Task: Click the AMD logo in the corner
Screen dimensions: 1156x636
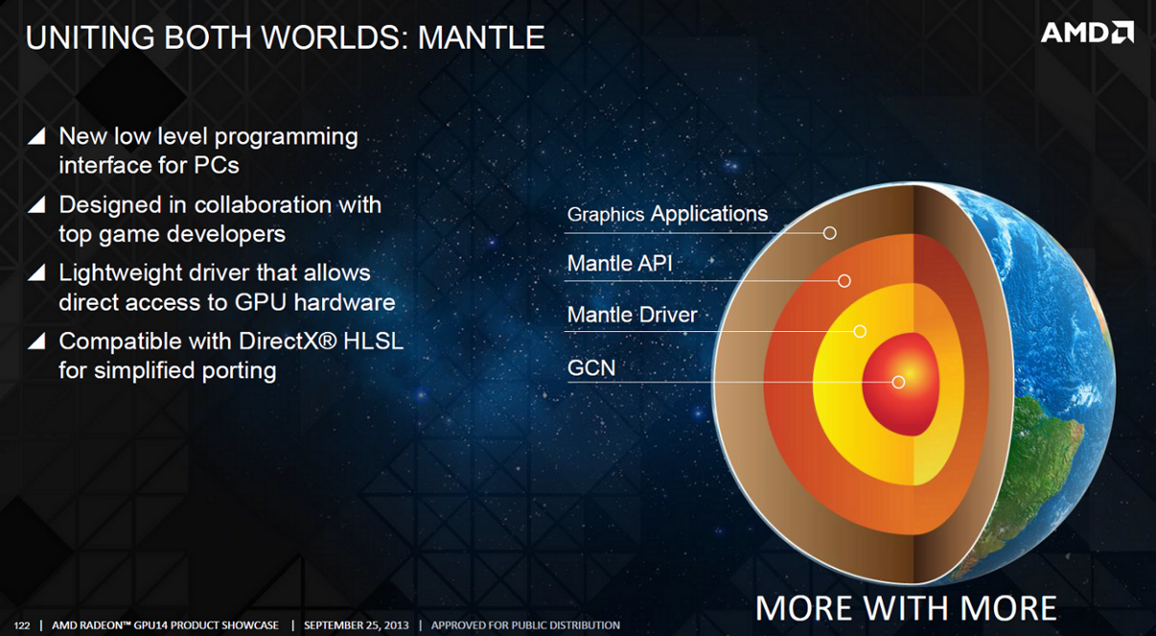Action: tap(1087, 33)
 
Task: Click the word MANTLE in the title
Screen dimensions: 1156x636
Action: tap(481, 38)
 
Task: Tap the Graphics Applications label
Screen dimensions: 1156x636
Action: tap(667, 214)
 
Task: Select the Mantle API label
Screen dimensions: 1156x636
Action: tap(619, 264)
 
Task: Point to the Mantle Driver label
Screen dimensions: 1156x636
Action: tap(632, 315)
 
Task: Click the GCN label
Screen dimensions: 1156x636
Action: tap(592, 368)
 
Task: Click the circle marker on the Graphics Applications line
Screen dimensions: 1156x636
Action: tap(830, 233)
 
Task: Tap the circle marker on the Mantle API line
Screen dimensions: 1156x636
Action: tap(844, 281)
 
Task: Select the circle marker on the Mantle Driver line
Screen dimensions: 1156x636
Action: tap(860, 331)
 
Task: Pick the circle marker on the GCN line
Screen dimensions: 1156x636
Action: tap(898, 383)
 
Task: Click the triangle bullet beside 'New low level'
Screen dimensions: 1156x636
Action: tap(37, 136)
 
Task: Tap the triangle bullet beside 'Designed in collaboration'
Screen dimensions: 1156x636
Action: tap(37, 205)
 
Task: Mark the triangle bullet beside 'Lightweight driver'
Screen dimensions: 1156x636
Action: tap(37, 273)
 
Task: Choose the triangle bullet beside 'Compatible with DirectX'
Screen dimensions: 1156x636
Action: tap(37, 341)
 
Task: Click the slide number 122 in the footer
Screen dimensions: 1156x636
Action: tap(21, 626)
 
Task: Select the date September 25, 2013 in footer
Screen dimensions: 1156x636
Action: tap(356, 626)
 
